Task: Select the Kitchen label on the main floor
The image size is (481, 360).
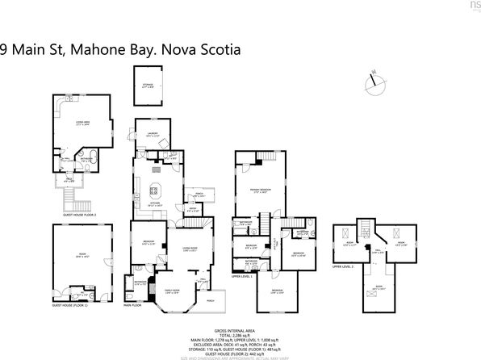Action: (x=153, y=205)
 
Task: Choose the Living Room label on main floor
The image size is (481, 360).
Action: (x=190, y=248)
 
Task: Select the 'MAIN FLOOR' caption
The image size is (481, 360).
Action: (x=133, y=306)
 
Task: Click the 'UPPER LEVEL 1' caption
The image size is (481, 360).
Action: (x=242, y=275)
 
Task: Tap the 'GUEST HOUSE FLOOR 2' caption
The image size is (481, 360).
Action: (x=80, y=215)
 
